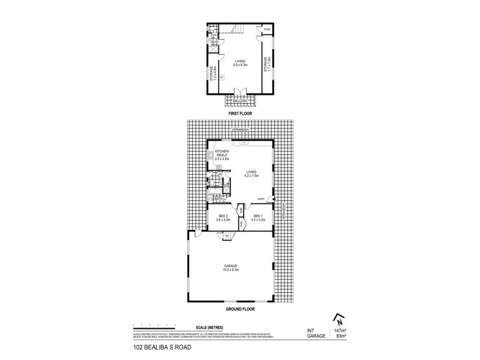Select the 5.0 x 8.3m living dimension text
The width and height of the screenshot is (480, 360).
[x=240, y=64]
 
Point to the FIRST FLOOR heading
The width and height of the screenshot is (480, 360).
[x=240, y=113]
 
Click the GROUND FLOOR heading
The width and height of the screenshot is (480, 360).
[x=240, y=308]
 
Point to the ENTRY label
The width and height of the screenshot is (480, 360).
[x=261, y=199]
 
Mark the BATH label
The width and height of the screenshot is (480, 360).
[x=220, y=199]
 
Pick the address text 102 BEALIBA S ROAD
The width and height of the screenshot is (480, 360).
[x=160, y=347]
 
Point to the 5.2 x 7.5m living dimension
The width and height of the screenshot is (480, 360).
[x=251, y=175]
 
